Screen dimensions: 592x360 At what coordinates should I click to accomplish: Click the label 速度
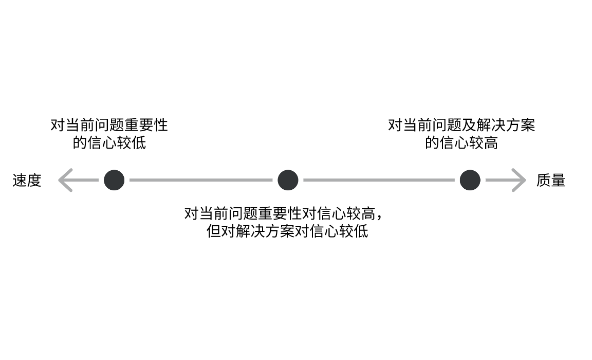pos(27,180)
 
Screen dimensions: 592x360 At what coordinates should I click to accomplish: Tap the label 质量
pos(551,180)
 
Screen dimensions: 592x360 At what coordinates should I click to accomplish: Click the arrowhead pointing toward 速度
pos(65,180)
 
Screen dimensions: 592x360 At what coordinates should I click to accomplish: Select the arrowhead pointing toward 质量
pos(519,180)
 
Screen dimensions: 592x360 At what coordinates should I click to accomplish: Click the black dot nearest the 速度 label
pos(114,180)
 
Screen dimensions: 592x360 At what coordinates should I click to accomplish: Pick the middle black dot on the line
pos(288,180)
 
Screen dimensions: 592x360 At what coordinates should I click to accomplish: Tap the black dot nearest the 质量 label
pos(470,180)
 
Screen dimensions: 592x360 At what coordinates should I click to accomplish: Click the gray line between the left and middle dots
pos(201,180)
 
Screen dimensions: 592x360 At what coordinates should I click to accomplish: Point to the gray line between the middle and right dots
pos(379,180)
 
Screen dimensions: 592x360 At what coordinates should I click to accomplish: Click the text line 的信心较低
pos(109,143)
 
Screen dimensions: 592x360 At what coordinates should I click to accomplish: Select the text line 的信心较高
pos(461,143)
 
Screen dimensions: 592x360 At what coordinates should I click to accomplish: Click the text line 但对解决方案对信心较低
pos(287,231)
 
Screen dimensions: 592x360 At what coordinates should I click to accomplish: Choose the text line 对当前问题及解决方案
pos(461,125)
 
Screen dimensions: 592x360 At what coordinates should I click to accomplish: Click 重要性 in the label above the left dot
pos(146,125)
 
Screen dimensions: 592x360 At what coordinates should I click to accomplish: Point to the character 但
pos(213,231)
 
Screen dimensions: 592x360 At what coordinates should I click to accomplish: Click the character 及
pos(469,125)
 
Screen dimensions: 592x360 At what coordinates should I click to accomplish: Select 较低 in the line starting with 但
pos(354,231)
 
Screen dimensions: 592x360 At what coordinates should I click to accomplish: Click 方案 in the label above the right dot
pos(520,125)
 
